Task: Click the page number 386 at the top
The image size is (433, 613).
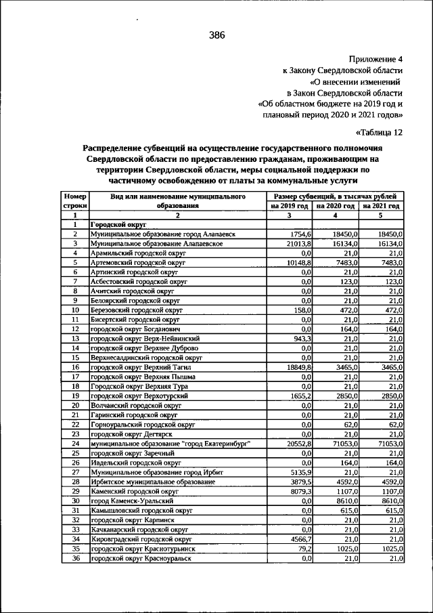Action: coord(216,35)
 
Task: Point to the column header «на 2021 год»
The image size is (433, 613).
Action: coord(381,205)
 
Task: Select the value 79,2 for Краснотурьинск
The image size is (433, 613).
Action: coord(302,549)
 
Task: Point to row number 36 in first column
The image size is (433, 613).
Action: coord(76,558)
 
